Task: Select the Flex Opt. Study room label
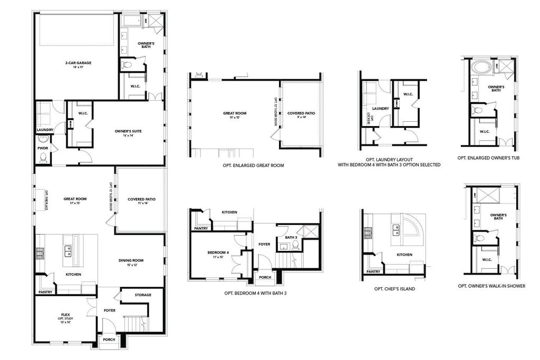coord(65,317)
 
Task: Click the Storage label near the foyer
coord(142,295)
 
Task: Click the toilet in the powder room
coord(44,140)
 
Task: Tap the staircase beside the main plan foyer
coord(136,323)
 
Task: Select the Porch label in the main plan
coord(109,339)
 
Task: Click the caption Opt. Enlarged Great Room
coord(253,165)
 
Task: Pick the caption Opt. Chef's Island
coord(394,289)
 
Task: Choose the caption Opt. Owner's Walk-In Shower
coord(491,286)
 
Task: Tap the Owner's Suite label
coord(128,132)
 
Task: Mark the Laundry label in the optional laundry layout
coord(380,109)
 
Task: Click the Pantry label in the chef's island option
coord(373,272)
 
